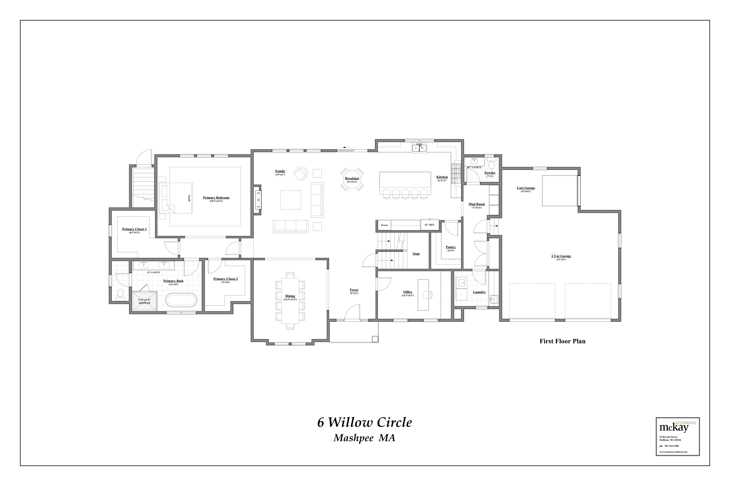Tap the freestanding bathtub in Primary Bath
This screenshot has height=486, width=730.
[x=181, y=300]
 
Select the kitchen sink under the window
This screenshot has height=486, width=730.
[x=419, y=148]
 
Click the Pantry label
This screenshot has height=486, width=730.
[x=451, y=247]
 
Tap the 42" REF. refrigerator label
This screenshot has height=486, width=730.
[x=429, y=225]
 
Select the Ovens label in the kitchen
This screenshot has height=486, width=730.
[x=384, y=225]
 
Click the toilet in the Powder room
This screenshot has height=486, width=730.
[x=491, y=164]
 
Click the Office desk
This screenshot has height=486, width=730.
[x=423, y=295]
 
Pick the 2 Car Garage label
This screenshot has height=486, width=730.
[x=561, y=256]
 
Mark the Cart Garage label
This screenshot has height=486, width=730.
[x=526, y=188]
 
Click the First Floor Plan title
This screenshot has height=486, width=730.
[x=562, y=341]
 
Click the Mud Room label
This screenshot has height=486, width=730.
[x=476, y=204]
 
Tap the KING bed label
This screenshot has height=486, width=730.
[x=189, y=198]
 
